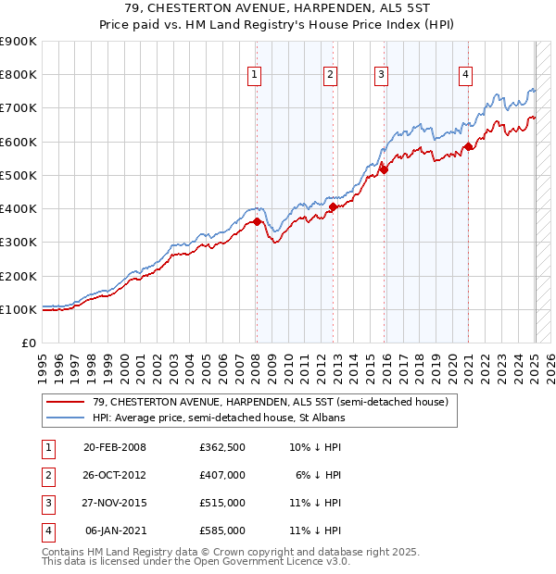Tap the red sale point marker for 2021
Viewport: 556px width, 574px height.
469,146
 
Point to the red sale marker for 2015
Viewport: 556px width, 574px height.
384,169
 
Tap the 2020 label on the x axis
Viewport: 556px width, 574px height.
454,366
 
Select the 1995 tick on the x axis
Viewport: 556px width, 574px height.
43,366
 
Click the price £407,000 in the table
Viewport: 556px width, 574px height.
222,474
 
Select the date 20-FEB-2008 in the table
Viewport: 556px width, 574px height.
115,446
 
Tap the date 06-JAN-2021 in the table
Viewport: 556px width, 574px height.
115,530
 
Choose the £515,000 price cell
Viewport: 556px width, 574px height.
222,503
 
